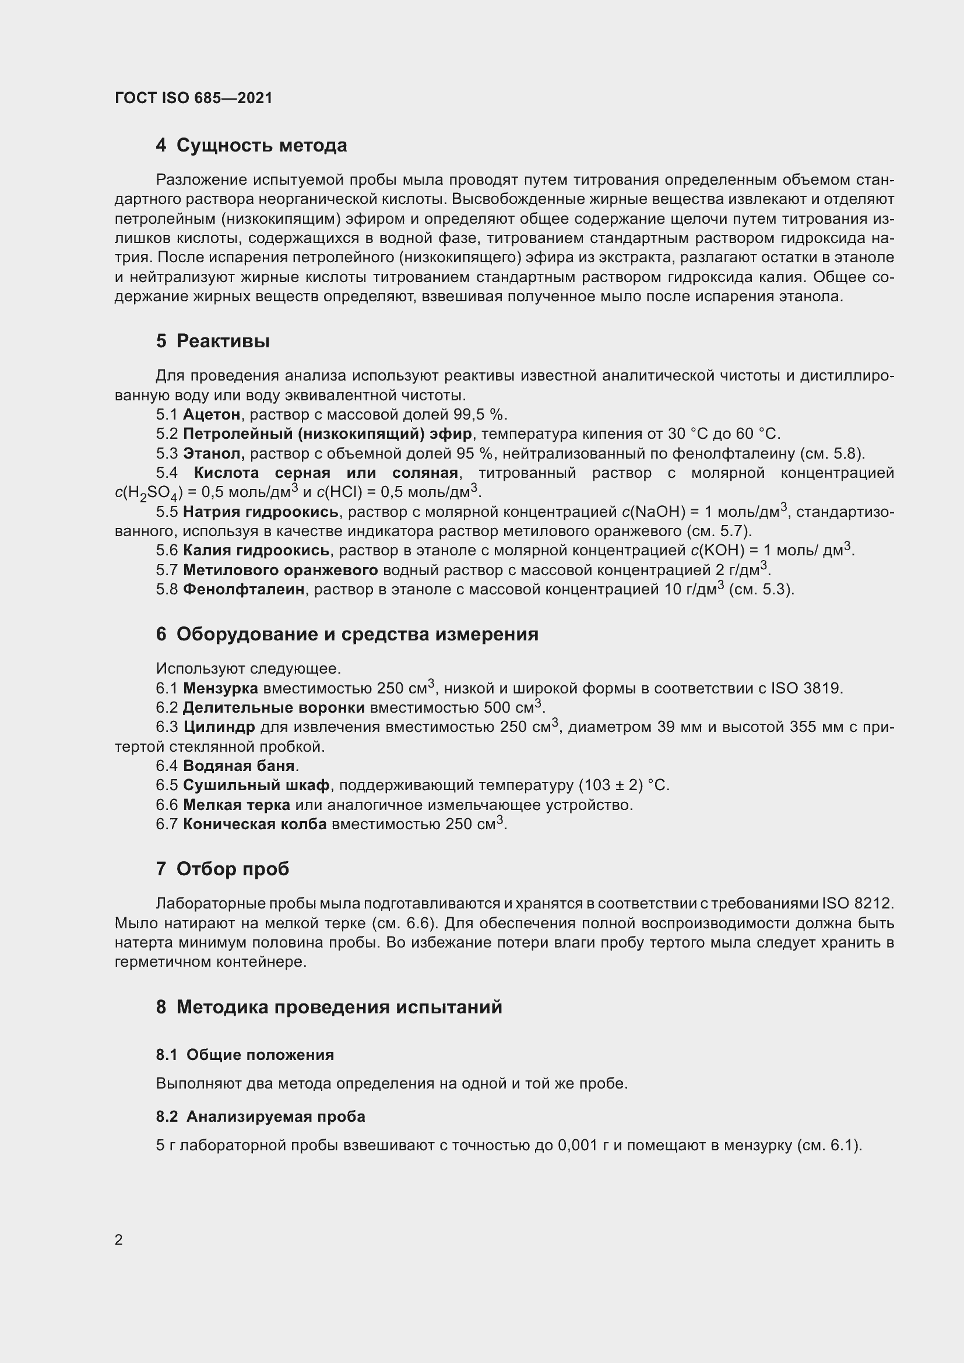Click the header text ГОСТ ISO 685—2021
193,98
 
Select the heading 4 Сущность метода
251,146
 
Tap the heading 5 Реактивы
213,341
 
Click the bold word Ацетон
212,414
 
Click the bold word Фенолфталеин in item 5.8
244,590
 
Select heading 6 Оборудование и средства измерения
347,635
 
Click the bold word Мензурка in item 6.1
220,689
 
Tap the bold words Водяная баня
238,766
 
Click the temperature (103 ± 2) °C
624,786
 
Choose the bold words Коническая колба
255,824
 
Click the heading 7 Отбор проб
223,869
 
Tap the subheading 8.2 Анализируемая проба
261,1117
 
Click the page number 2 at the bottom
119,1240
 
